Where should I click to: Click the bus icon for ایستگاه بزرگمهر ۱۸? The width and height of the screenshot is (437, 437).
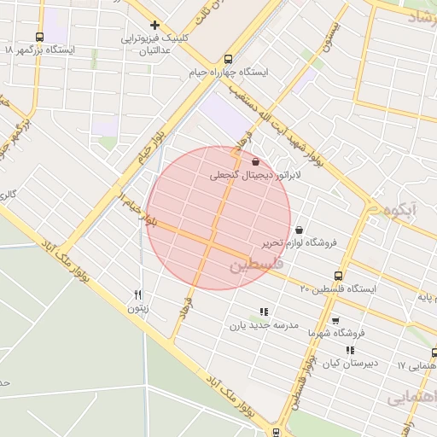click(x=40, y=37)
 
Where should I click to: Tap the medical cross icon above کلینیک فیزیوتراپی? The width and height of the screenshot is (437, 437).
click(x=154, y=26)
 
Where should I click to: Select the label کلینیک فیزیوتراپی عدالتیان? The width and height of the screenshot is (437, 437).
click(x=154, y=44)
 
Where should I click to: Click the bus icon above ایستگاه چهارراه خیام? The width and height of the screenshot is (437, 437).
click(x=227, y=60)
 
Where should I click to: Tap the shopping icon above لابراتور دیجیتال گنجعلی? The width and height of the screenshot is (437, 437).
click(x=256, y=161)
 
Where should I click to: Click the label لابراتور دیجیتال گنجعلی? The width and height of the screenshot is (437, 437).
click(x=244, y=176)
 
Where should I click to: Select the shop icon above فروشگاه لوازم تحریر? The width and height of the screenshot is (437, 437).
click(x=299, y=229)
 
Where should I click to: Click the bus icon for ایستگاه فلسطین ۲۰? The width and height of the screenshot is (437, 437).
click(x=339, y=276)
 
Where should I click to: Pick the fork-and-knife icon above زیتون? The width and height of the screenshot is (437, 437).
click(x=137, y=294)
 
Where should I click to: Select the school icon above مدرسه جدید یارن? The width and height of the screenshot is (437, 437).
click(x=263, y=312)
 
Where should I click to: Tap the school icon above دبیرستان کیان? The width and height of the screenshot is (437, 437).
click(x=348, y=350)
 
